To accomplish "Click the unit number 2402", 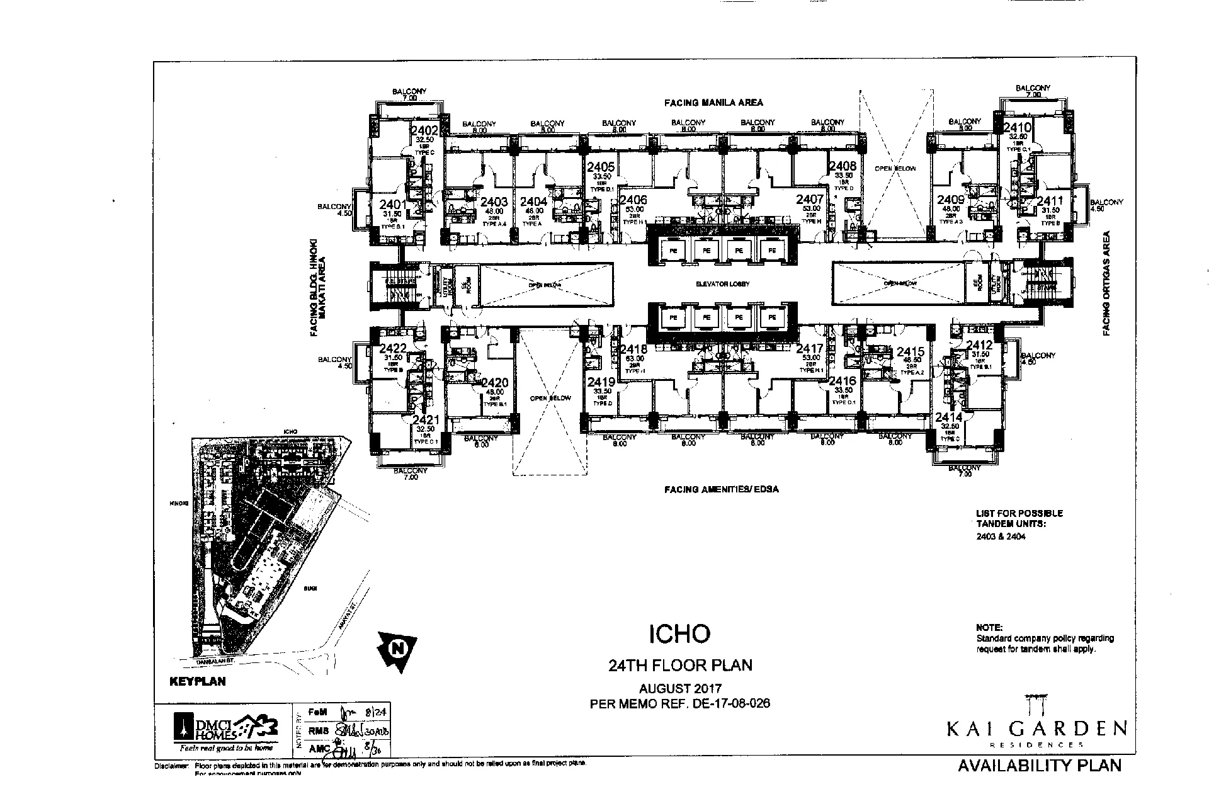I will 424,131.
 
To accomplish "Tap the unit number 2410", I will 1017,128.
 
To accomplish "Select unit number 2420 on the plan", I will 495,383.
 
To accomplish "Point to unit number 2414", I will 948,417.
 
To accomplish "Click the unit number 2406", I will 633,200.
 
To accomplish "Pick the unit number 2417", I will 810,349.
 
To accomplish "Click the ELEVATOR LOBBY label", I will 722,284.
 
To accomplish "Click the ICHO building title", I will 679,633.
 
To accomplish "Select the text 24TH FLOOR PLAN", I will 679,665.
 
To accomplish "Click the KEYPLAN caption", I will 198,681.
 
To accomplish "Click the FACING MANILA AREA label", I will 714,102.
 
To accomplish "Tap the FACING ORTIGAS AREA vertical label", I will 1106,283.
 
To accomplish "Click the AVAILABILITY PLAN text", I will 1040,766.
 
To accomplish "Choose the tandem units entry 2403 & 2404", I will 1001,537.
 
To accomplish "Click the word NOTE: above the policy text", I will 989,627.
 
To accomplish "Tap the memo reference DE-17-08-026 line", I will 680,703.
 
